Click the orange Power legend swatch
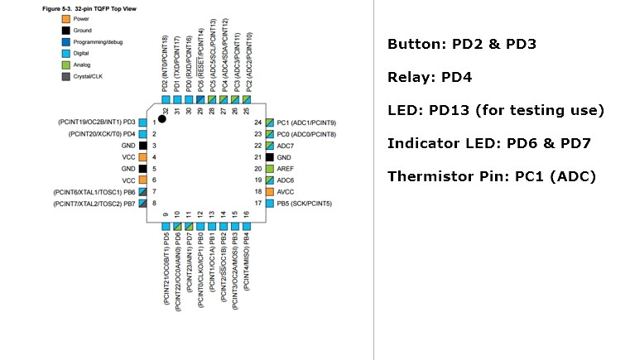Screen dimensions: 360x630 coord(65,18)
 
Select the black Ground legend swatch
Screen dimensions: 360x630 coord(65,30)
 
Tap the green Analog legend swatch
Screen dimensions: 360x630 coord(65,65)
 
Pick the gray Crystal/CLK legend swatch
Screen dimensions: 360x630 coord(65,76)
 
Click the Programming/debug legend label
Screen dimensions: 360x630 coord(99,41)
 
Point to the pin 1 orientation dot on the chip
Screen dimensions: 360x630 coord(162,118)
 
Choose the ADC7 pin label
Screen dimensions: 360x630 coord(285,145)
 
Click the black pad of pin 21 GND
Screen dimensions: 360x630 coord(269,156)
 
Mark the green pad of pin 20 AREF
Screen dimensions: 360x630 coord(269,168)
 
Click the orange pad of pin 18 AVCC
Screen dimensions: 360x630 coord(269,191)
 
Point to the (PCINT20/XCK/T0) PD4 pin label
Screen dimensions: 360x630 coord(103,133)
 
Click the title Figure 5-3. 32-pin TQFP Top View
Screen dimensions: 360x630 coord(89,7)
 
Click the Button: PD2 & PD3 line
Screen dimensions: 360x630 coord(462,43)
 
